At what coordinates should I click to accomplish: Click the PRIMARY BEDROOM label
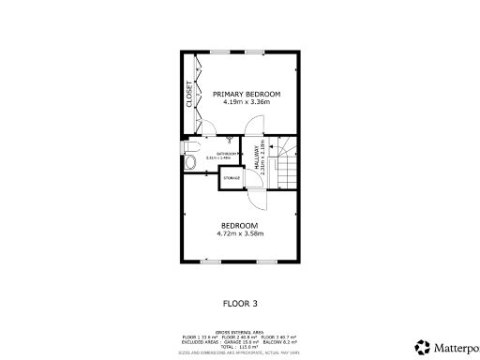click(x=247, y=94)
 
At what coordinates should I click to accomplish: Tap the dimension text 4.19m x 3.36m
click(x=247, y=102)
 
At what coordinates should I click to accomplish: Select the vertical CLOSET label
click(x=189, y=96)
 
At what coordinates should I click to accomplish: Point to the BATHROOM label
click(x=226, y=153)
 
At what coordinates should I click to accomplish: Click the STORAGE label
click(x=232, y=178)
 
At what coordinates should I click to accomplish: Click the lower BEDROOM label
click(x=239, y=225)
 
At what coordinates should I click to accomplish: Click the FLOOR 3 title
click(x=240, y=303)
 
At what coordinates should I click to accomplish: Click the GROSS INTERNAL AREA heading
click(x=239, y=332)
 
